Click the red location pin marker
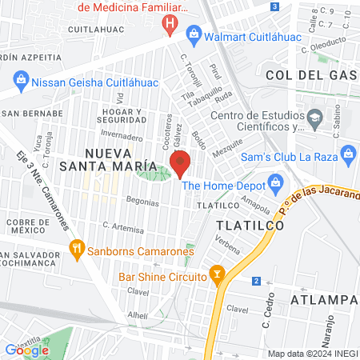tap(180, 162)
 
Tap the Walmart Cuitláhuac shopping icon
tap(193, 33)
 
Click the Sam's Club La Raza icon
tap(347, 152)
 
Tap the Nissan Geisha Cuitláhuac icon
tap(21, 80)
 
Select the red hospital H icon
tap(169, 24)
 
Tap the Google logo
tap(26, 350)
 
